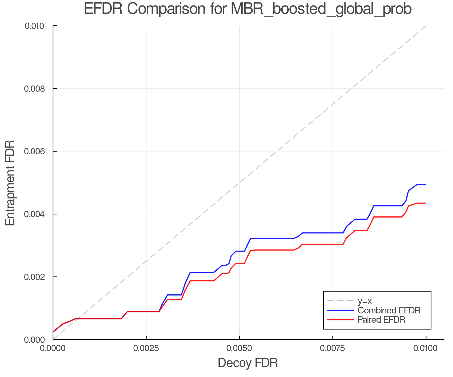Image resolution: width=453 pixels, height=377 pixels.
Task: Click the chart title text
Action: pyautogui.click(x=248, y=9)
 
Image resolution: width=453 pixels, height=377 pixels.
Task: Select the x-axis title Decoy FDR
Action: pyautogui.click(x=248, y=363)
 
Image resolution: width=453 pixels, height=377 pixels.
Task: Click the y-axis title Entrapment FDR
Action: pyautogui.click(x=10, y=183)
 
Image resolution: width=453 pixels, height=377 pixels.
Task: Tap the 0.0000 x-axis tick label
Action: pyautogui.click(x=53, y=348)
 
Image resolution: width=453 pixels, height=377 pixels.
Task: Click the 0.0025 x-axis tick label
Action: pyautogui.click(x=146, y=348)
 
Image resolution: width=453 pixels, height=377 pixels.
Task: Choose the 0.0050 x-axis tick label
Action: pyautogui.click(x=239, y=348)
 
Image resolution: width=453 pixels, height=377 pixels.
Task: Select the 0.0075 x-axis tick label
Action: pyautogui.click(x=333, y=348)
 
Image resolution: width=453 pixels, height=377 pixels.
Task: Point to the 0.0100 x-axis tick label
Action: pyautogui.click(x=426, y=348)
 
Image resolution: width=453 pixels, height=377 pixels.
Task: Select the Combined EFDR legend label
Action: pyautogui.click(x=389, y=310)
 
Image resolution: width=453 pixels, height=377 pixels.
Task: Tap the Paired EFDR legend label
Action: pyautogui.click(x=381, y=320)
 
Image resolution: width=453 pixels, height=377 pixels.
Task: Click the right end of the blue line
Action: pyautogui.click(x=426, y=185)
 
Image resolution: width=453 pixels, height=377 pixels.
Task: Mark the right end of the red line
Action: pyautogui.click(x=426, y=203)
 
